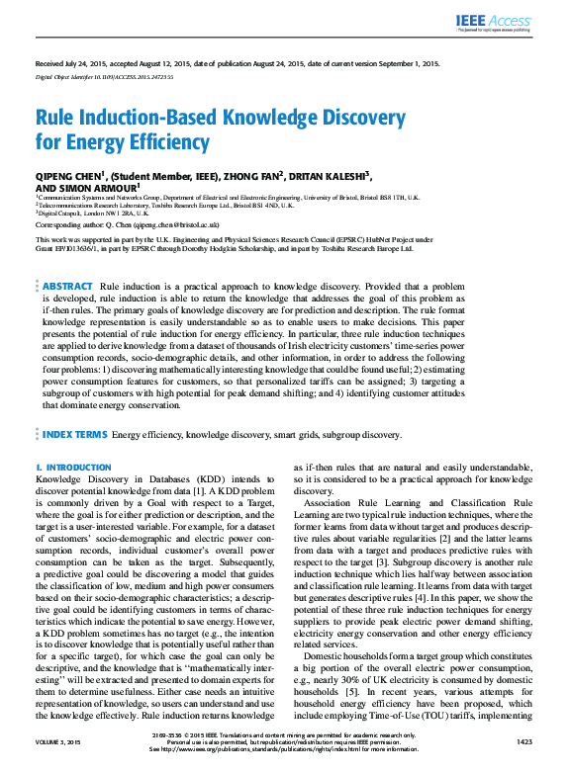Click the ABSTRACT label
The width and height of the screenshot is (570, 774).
67,258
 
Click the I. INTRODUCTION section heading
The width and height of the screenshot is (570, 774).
74,466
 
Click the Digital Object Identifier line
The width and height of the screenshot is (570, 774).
105,76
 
